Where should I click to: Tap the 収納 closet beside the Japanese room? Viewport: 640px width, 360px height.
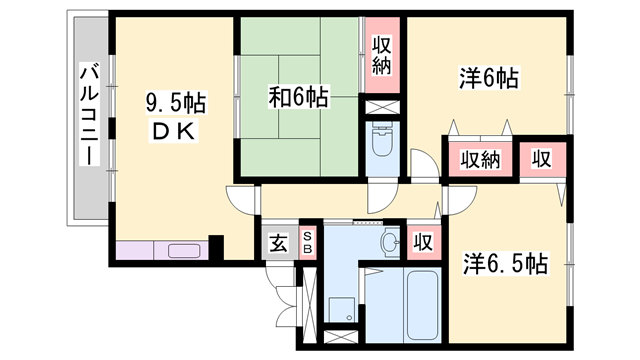tap(382, 56)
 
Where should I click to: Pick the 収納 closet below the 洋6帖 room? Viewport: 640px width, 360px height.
tap(480, 159)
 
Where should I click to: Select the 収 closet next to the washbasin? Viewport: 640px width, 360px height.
tap(423, 241)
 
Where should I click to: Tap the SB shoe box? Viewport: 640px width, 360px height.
tap(308, 242)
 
